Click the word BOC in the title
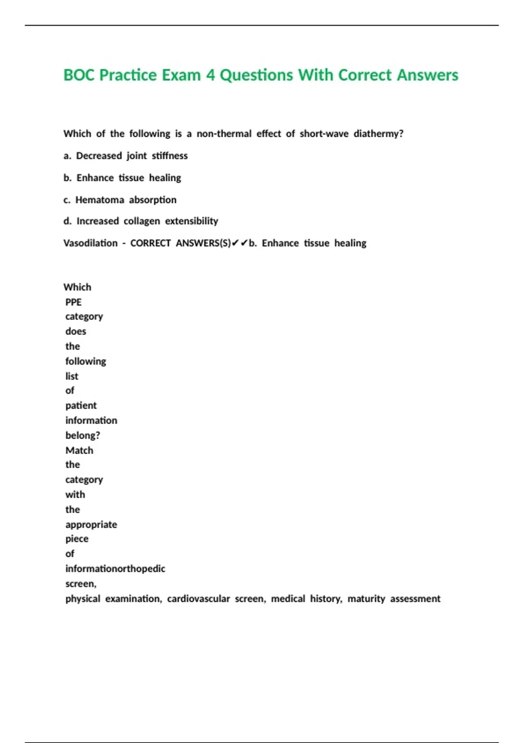click(79, 75)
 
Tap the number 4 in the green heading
click(210, 75)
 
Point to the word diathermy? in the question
click(378, 134)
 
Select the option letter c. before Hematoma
click(67, 200)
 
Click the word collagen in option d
click(141, 221)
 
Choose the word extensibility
click(191, 221)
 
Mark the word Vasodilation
click(90, 243)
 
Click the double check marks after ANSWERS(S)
click(240, 243)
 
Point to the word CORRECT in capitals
click(150, 243)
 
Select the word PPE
click(73, 302)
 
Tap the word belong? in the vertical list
click(83, 435)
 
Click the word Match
click(79, 450)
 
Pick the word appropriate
click(91, 524)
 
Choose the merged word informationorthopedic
click(115, 569)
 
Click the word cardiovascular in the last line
click(198, 599)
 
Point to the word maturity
click(366, 599)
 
